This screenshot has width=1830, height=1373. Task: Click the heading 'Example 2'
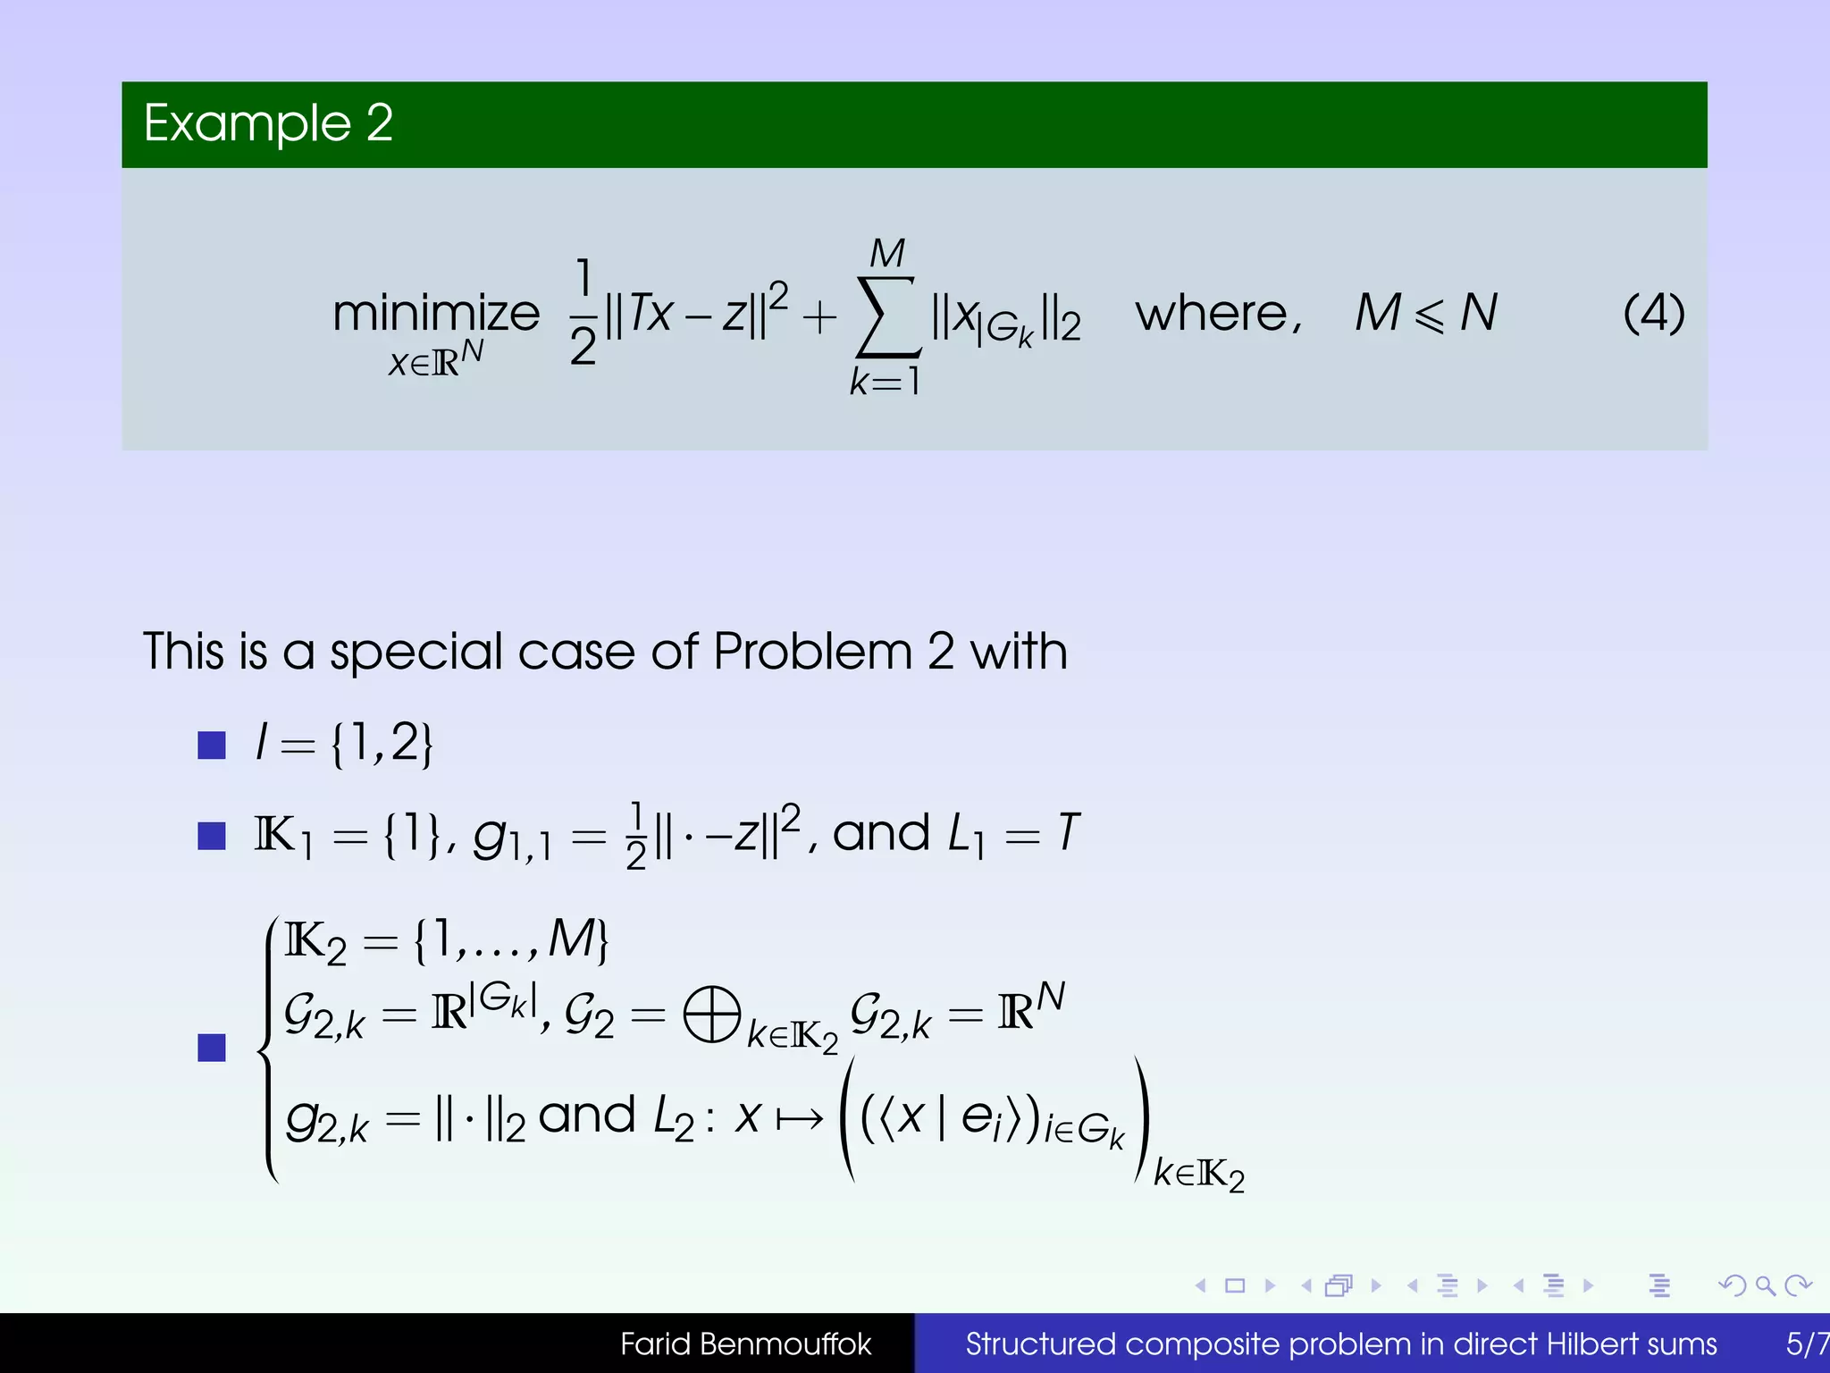268,123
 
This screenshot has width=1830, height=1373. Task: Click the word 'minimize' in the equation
436,314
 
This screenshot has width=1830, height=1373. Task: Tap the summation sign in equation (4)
886,316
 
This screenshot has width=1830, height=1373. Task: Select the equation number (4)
1653,314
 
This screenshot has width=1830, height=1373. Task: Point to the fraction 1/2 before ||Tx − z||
583,312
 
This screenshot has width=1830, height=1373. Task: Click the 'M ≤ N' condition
1425,314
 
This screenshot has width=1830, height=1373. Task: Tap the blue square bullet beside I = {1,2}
212,745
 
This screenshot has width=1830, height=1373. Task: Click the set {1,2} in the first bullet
382,744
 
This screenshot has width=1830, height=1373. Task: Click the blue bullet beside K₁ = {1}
212,836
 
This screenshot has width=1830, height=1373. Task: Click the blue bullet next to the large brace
212,1048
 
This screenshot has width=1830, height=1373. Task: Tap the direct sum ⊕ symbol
712,1015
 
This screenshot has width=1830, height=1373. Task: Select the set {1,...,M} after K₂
512,941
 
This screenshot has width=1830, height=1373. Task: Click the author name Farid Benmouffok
745,1344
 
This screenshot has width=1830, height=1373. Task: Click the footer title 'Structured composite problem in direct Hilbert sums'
1340,1344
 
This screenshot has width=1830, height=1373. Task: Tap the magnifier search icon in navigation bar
1765,1286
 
